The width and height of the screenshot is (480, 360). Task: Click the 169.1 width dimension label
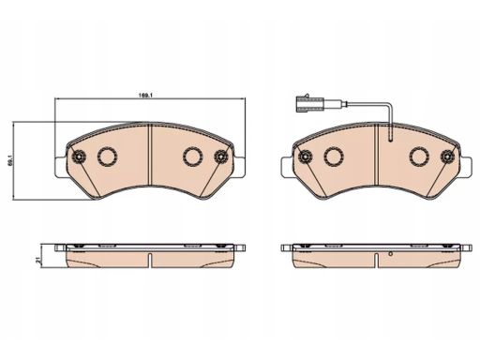click(x=145, y=96)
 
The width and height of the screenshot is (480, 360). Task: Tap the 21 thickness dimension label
click(x=37, y=260)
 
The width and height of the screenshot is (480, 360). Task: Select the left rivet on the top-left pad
click(x=78, y=156)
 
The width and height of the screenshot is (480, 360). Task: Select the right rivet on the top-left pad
click(x=221, y=156)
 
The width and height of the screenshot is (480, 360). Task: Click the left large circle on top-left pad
click(x=108, y=157)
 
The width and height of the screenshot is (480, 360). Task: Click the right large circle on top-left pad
click(x=192, y=157)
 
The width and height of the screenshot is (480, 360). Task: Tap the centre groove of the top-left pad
click(x=150, y=155)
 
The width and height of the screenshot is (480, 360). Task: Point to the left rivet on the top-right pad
click(x=305, y=156)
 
